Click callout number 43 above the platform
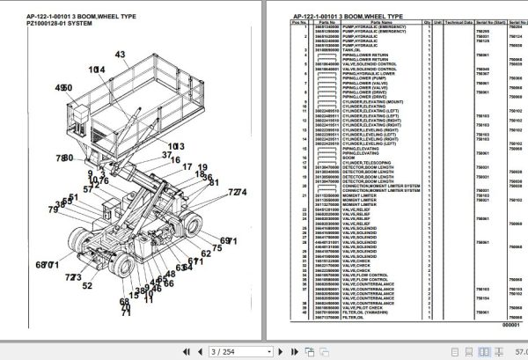(120, 55)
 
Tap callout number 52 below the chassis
(87, 285)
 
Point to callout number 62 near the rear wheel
(205, 253)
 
